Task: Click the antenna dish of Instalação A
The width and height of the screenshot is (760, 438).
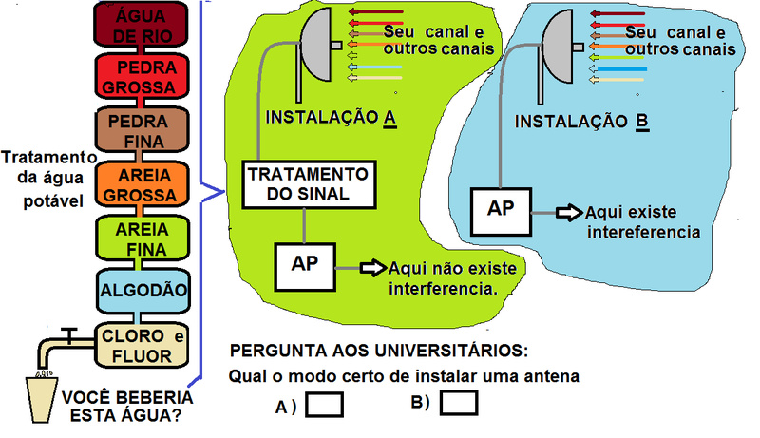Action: (x=317, y=51)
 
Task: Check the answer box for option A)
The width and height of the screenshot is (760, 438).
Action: (x=326, y=405)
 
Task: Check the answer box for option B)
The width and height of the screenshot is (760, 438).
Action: (x=458, y=404)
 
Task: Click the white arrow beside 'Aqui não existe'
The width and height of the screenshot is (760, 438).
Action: (x=373, y=269)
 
